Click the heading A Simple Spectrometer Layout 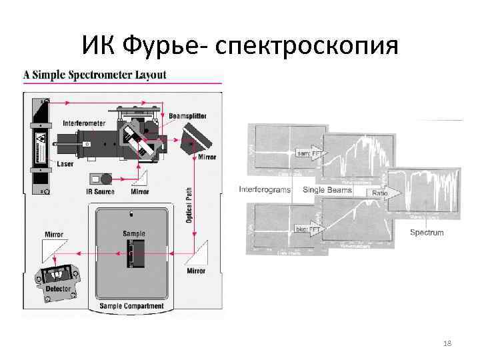point(95,75)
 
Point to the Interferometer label point(84,123)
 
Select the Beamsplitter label point(186,116)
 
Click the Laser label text point(66,163)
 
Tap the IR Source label point(100,192)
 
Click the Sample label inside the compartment point(133,234)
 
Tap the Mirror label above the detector point(54,235)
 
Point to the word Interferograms point(265,190)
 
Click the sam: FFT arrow point(307,153)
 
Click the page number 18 point(447,343)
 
